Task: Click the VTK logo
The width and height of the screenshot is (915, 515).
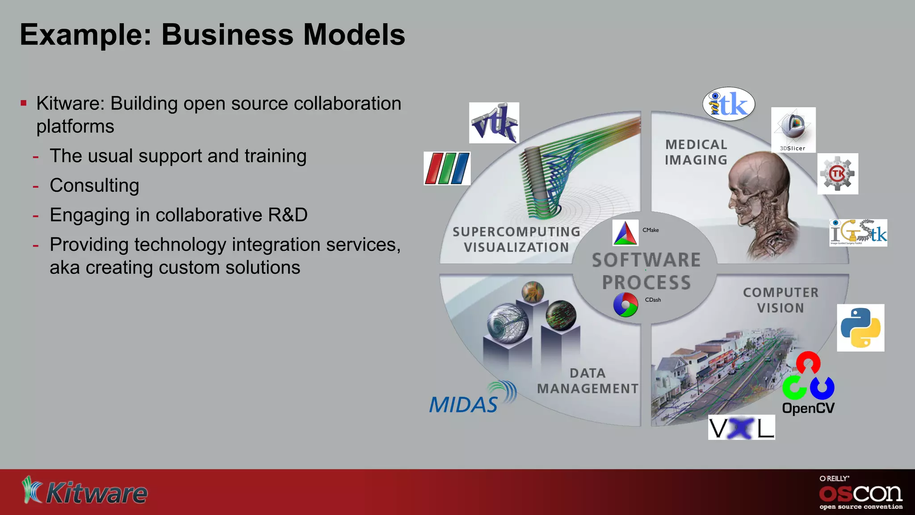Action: pos(494,123)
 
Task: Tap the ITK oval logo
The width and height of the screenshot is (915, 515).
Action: pos(729,104)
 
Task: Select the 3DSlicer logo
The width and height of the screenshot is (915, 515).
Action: pos(793,130)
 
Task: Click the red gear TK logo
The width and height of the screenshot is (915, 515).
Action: pos(838,173)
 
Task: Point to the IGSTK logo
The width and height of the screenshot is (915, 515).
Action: pos(858,232)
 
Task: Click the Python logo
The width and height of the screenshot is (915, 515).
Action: pos(860,328)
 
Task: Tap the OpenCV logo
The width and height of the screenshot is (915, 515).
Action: pos(808,383)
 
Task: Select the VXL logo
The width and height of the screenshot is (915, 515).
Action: pos(741,428)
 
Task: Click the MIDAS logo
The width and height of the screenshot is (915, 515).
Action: pos(472,398)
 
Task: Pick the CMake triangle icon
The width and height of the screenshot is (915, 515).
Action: pos(625,233)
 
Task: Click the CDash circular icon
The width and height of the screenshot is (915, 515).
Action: pos(625,305)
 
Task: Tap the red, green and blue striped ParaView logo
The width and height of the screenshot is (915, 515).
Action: pos(447,169)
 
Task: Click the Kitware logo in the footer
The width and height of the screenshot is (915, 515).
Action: pos(85,491)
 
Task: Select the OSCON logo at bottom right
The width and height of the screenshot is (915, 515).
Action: pos(860,493)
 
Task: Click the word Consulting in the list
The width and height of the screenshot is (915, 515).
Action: pos(94,186)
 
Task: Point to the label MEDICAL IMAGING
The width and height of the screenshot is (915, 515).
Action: pos(696,152)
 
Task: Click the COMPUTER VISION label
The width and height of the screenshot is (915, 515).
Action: pos(780,300)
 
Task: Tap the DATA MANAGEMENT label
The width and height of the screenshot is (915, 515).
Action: pos(588,381)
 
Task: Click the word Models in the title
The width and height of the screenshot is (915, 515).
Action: pos(354,35)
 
